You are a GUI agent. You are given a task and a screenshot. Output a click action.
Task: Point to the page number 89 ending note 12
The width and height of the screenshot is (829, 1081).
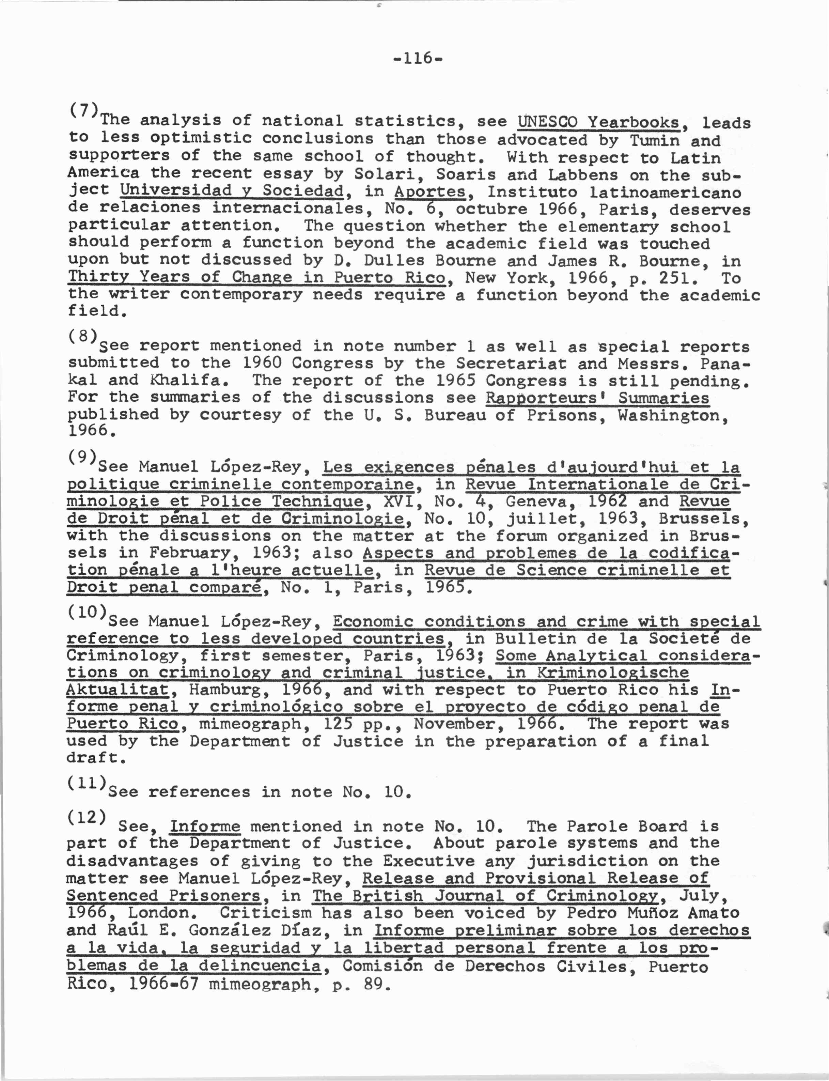[x=376, y=984]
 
